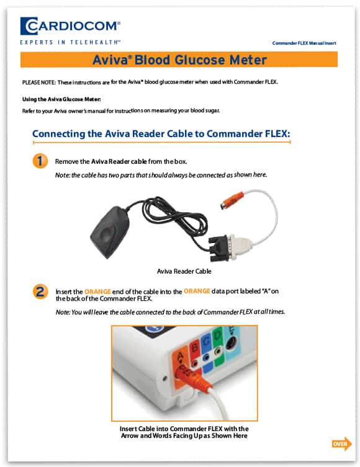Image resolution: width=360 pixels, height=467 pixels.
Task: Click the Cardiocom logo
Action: (70, 26)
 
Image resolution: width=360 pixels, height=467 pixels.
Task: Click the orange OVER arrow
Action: (342, 444)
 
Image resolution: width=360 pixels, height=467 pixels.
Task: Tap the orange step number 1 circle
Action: (40, 161)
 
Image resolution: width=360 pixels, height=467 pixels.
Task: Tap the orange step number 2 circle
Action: (40, 291)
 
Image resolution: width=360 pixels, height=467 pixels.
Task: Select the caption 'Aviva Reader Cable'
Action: (184, 271)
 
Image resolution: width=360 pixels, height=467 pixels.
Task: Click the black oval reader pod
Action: (110, 232)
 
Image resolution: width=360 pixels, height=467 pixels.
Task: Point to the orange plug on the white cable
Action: (232, 200)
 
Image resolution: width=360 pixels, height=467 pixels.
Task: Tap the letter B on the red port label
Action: (195, 347)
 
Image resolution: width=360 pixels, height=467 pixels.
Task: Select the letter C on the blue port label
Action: (206, 341)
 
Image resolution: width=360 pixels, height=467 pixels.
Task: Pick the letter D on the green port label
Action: (217, 336)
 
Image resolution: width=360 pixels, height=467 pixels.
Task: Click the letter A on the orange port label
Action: (181, 356)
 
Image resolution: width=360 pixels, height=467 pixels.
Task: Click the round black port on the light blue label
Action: (231, 345)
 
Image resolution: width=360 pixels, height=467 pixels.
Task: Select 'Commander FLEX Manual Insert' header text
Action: (304, 43)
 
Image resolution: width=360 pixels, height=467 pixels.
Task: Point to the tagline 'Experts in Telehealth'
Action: (70, 42)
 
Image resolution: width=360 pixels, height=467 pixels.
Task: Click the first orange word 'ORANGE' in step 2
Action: (97, 291)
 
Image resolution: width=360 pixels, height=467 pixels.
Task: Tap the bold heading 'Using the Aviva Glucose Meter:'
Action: (61, 99)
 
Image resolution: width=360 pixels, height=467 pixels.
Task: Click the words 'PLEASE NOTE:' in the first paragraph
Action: (38, 82)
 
